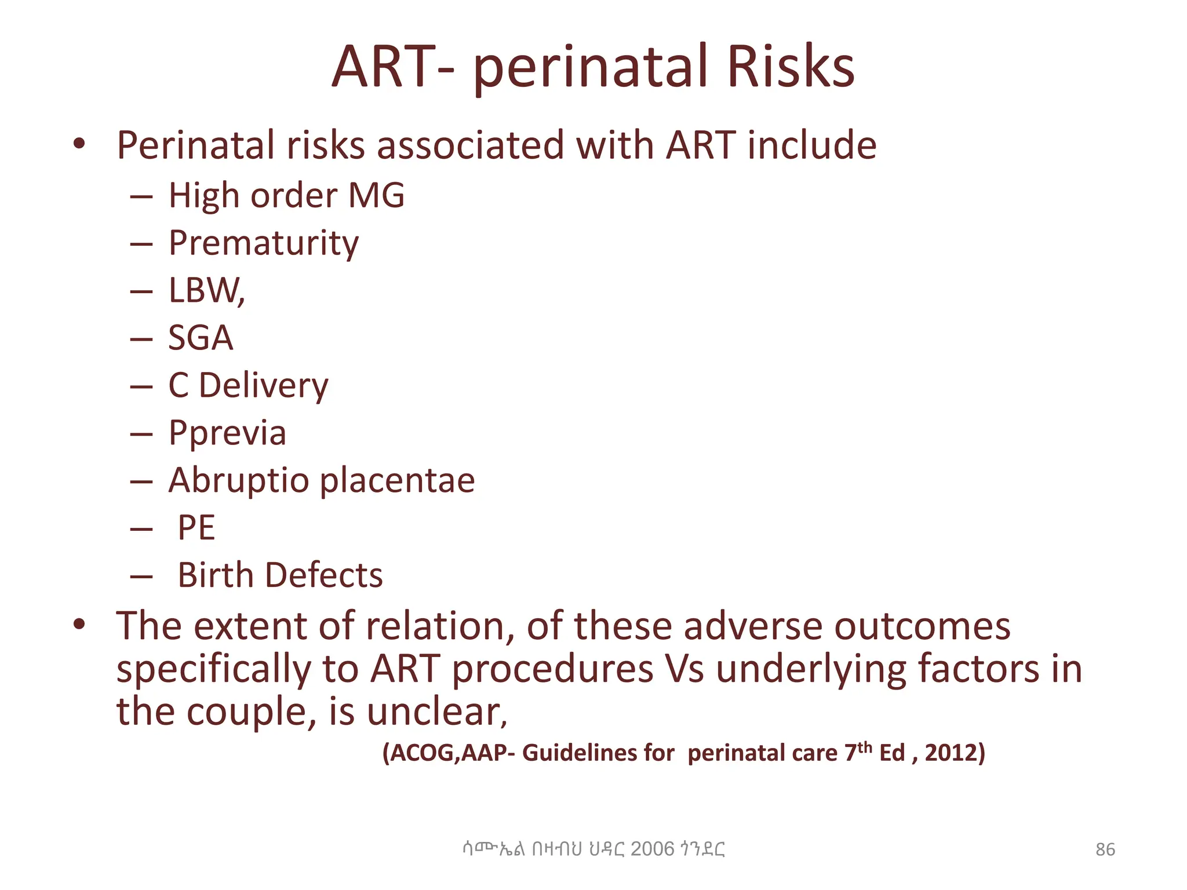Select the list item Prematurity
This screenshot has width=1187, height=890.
[x=264, y=243]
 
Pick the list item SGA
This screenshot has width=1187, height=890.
[x=201, y=338]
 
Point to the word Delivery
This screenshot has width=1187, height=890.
[x=264, y=386]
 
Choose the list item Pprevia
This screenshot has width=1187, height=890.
[x=227, y=433]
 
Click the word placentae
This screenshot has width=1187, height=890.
[x=398, y=481]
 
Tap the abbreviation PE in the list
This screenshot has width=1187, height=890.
[x=196, y=528]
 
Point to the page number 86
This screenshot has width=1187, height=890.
[x=1105, y=849]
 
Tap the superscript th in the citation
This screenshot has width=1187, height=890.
[x=865, y=747]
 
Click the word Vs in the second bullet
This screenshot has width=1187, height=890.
[x=684, y=669]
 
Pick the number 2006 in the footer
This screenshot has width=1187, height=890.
[x=652, y=849]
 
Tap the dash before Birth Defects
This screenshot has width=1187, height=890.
[x=142, y=577]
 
